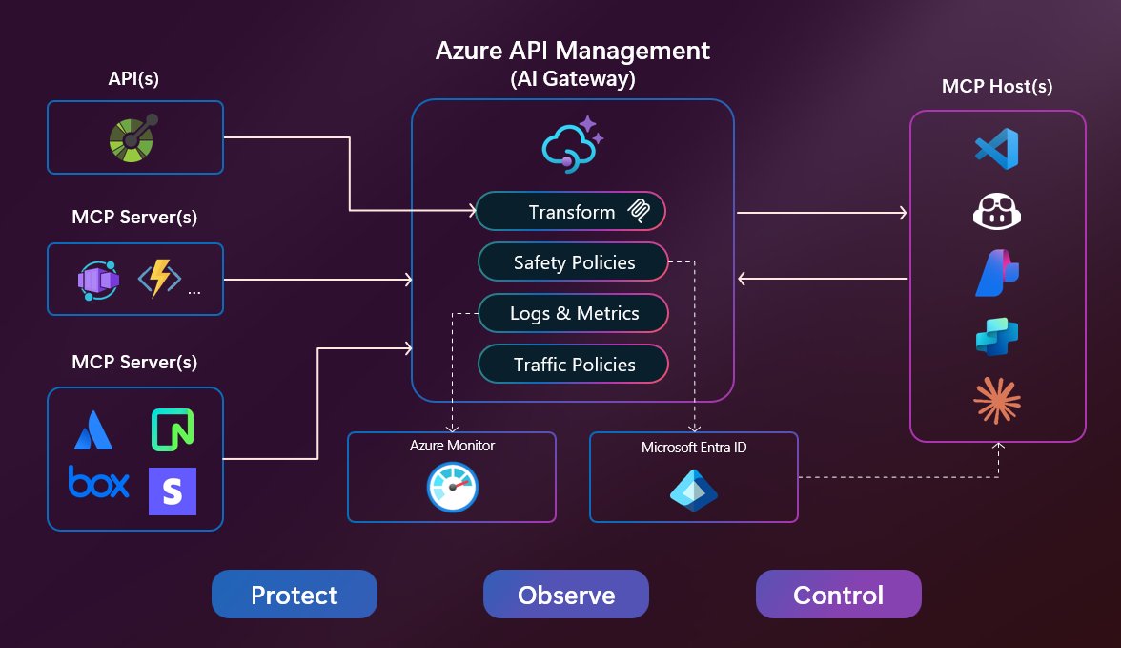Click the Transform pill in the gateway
pyautogui.click(x=570, y=212)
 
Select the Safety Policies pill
pyautogui.click(x=574, y=262)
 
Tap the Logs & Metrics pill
pyautogui.click(x=574, y=313)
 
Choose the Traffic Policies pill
pyautogui.click(x=574, y=364)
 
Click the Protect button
pyautogui.click(x=294, y=595)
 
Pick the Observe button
pyautogui.click(x=566, y=595)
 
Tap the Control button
pyautogui.click(x=838, y=595)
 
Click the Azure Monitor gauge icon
pyautogui.click(x=452, y=488)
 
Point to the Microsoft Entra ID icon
pyautogui.click(x=693, y=488)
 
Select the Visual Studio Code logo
pyautogui.click(x=997, y=148)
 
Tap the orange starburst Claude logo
pyautogui.click(x=997, y=399)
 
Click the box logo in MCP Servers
pyautogui.click(x=98, y=482)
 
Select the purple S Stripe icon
pyautogui.click(x=173, y=491)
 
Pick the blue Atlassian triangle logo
pyautogui.click(x=93, y=430)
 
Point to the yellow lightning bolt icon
pyautogui.click(x=159, y=279)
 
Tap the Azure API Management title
pyautogui.click(x=572, y=51)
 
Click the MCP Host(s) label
pyautogui.click(x=997, y=87)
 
